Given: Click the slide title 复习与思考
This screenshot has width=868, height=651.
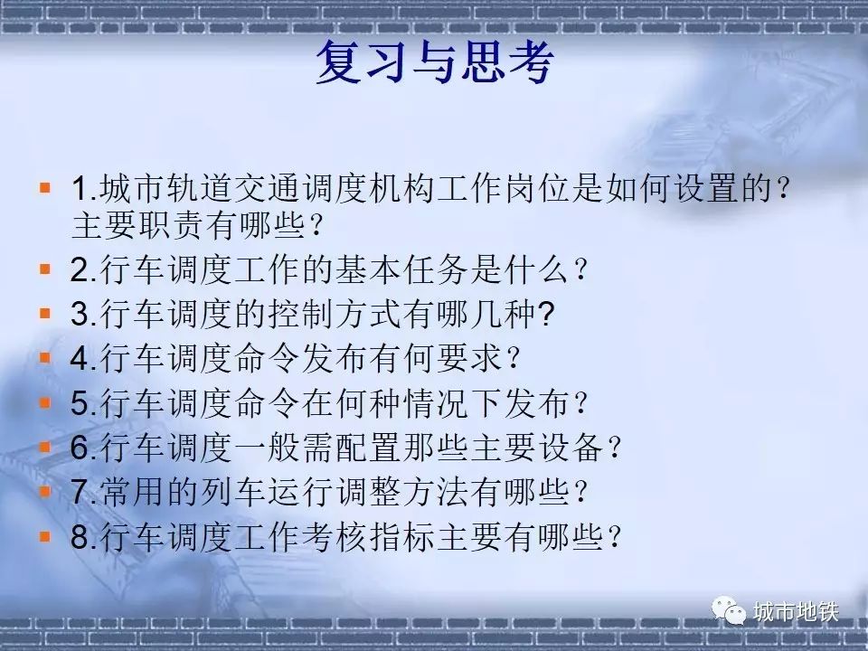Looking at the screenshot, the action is tap(435, 62).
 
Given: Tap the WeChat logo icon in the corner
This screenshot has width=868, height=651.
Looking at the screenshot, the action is tap(729, 611).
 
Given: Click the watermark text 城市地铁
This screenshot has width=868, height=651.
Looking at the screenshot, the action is tap(796, 612).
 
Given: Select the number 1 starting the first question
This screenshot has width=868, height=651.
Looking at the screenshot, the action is tap(80, 188).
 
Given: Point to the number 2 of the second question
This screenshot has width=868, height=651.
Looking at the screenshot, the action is tap(80, 270).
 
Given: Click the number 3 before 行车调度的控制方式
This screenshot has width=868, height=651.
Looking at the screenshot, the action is tap(80, 314).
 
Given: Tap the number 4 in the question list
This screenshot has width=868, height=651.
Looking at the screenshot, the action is tap(80, 358).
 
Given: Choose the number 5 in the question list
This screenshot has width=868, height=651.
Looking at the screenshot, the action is tap(80, 403).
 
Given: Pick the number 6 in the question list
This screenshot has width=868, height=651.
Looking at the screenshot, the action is tap(80, 448).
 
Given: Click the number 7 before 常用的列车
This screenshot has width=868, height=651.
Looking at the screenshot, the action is tap(80, 492).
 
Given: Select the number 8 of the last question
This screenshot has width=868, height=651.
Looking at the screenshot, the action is tap(80, 536).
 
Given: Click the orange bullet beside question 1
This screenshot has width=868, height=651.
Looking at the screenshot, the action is tap(45, 188).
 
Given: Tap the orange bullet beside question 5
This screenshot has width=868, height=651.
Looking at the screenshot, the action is tap(45, 402).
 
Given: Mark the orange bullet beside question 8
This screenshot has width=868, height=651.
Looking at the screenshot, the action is tap(45, 536).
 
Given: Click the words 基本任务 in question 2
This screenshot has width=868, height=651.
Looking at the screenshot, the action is tap(402, 270).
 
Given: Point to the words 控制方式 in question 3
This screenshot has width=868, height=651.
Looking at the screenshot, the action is tap(335, 314).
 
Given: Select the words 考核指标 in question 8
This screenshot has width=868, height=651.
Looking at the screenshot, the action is tap(369, 536).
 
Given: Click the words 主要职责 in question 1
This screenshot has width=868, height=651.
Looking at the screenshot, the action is tap(138, 226).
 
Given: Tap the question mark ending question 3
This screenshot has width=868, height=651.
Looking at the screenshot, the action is tap(546, 314).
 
